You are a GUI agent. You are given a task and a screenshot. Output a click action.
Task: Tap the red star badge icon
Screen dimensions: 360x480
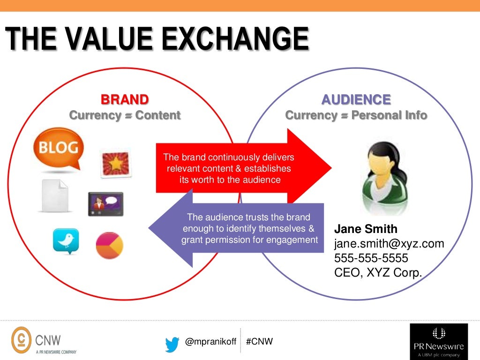click(115, 163)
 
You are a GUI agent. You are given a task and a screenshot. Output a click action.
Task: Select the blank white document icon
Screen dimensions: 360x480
click(55, 195)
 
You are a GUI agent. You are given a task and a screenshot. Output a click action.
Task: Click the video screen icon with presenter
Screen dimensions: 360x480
click(105, 203)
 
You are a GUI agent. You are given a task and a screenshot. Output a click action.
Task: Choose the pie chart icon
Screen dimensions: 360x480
click(109, 245)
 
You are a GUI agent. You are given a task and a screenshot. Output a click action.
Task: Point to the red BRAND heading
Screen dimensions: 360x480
click(125, 99)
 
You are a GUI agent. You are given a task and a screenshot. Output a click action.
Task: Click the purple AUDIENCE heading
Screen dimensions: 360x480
click(356, 99)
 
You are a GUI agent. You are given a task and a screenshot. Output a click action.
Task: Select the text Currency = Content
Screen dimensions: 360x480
click(125, 115)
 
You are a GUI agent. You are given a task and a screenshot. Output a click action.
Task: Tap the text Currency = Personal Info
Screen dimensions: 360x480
click(356, 115)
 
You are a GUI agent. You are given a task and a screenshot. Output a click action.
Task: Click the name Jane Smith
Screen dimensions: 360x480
click(366, 229)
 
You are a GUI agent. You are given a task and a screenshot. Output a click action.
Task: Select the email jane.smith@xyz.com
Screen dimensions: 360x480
click(389, 244)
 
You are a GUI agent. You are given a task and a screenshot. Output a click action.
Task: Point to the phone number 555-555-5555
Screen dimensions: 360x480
click(371, 258)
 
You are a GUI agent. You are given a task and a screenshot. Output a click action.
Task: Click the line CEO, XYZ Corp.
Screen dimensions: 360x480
click(378, 273)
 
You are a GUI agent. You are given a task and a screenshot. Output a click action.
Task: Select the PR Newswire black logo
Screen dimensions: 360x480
click(438, 341)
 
